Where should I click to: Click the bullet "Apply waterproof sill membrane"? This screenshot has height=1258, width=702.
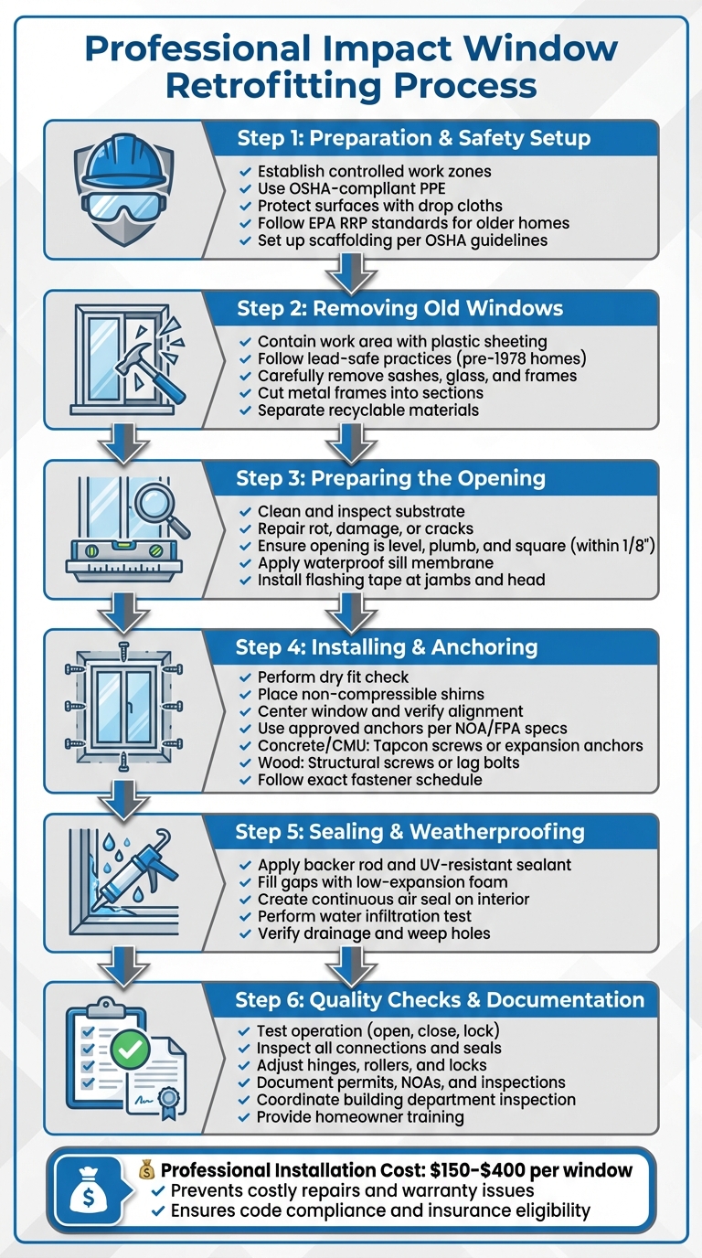tap(377, 563)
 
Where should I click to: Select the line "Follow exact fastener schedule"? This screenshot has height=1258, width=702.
tap(369, 780)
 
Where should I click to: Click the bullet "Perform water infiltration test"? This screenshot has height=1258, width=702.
tap(365, 916)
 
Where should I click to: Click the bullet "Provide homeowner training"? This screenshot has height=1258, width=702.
tap(360, 1117)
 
